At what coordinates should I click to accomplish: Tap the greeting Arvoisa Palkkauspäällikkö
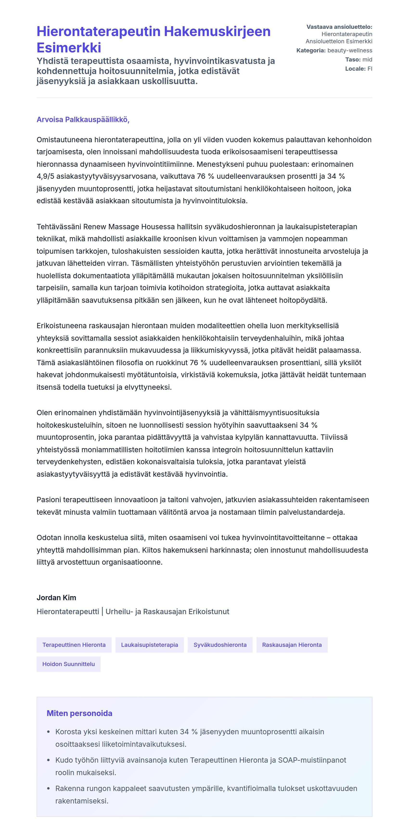[83, 120]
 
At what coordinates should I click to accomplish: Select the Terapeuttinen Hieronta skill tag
[74, 645]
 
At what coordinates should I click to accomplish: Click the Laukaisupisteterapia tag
[149, 645]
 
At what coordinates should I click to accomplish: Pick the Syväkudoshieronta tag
[220, 645]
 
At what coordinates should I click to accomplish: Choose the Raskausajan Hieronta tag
[292, 645]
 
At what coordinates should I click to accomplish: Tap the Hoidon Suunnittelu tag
[69, 664]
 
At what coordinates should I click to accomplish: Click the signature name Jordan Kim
[56, 598]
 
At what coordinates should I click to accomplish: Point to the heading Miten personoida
[79, 713]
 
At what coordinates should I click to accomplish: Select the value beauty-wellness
[350, 50]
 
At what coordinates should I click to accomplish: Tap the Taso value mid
[367, 60]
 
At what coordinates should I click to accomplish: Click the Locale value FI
[370, 69]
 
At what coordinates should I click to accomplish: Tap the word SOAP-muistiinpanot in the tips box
[312, 760]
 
